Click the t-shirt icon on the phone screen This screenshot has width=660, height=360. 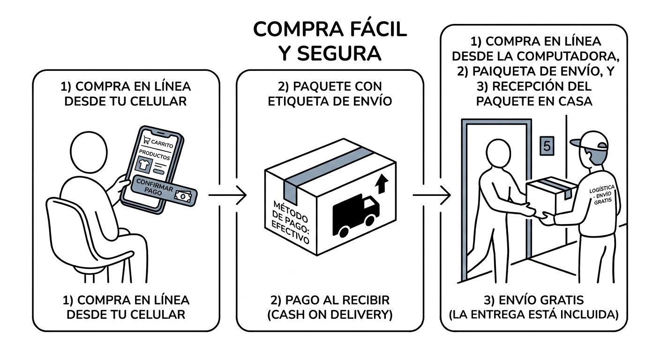(143, 164)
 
